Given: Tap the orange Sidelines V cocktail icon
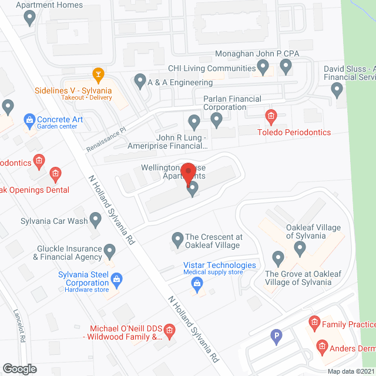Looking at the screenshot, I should point(98,75).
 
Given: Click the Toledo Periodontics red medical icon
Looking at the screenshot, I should point(270,116).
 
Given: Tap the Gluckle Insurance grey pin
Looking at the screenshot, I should point(110,253).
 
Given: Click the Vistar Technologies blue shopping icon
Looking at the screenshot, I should point(197,284).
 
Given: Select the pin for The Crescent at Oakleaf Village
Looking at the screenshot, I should point(177,239).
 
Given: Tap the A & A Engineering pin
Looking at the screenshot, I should point(140,80).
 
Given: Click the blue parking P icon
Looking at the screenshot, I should point(276,337).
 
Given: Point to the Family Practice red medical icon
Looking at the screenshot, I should point(314,323).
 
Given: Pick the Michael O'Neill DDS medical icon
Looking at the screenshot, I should point(170,331).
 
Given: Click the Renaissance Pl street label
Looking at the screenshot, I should point(106,140).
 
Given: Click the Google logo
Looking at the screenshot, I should point(19,368).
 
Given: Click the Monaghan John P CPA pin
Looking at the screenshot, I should point(286,66).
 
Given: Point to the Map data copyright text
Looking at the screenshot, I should point(351,371).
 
